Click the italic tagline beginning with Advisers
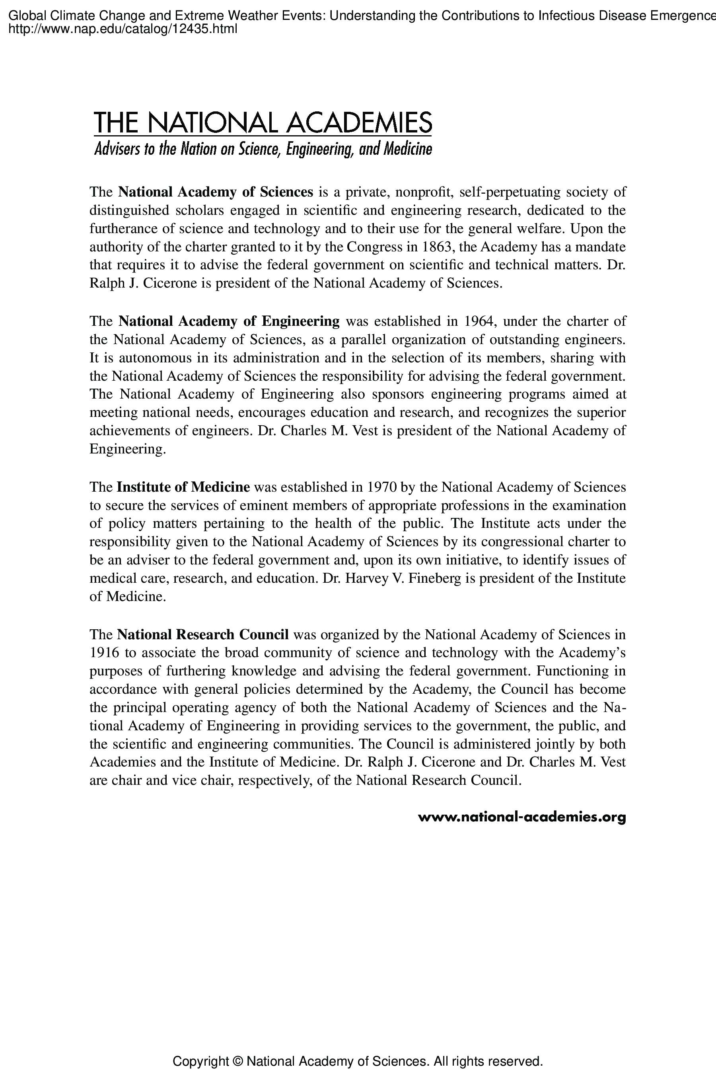tap(263, 149)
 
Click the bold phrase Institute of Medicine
tap(183, 487)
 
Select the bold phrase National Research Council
tap(203, 634)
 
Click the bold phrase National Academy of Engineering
tap(229, 321)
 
